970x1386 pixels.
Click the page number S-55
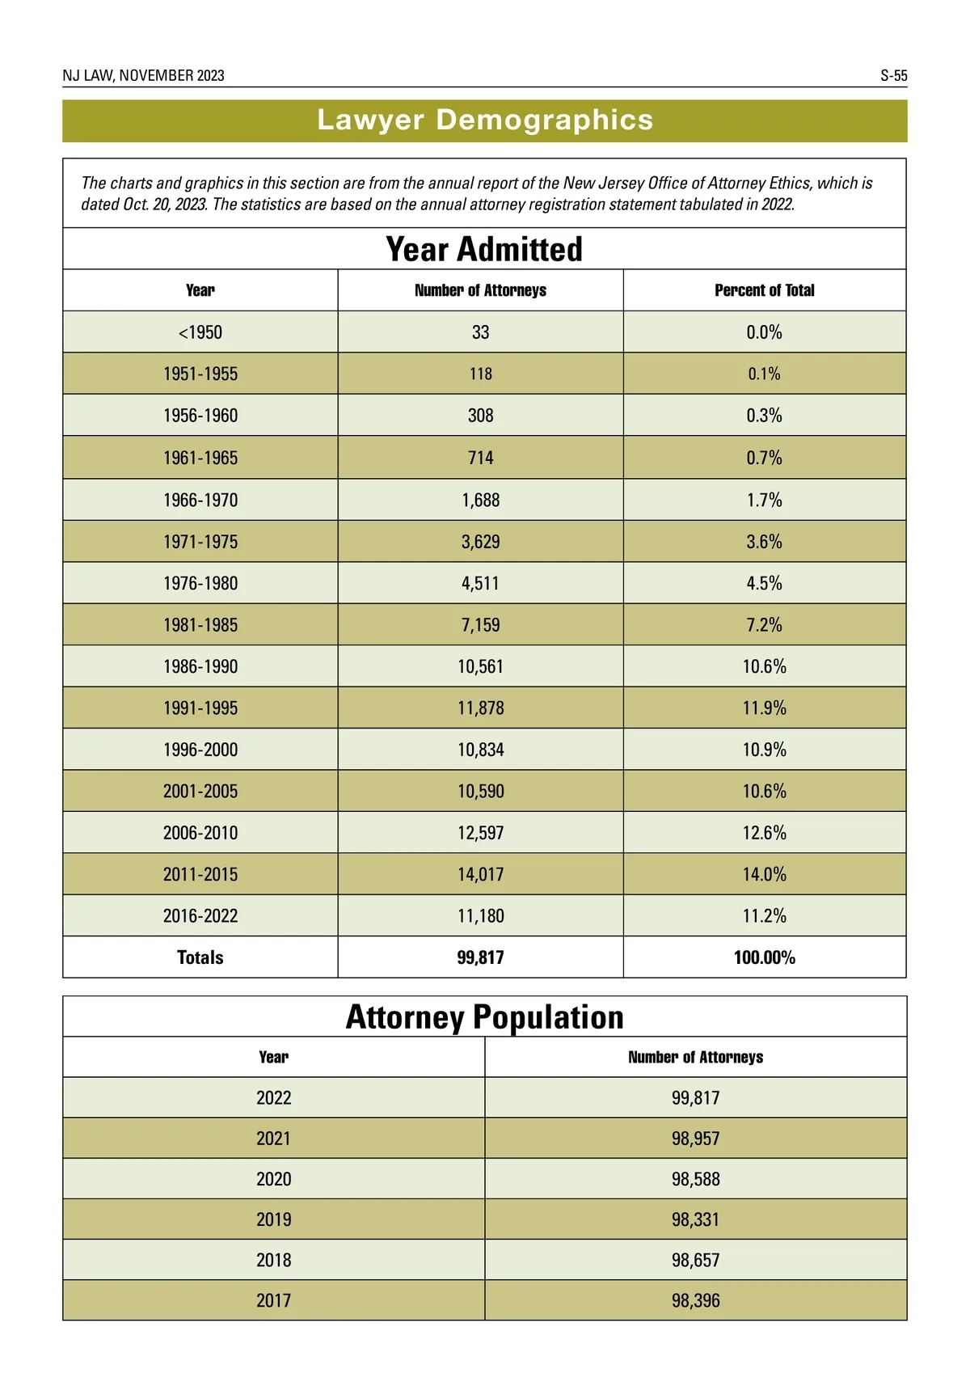tap(893, 76)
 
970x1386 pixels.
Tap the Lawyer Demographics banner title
tap(485, 120)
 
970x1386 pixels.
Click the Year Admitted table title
tap(484, 249)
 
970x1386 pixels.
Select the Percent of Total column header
tap(764, 290)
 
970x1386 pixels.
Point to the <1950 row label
tap(200, 332)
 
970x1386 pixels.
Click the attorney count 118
tap(480, 374)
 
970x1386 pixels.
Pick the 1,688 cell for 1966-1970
tap(480, 500)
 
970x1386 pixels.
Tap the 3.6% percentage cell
tap(764, 542)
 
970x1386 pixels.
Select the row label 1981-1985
tap(200, 625)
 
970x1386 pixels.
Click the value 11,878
tap(480, 708)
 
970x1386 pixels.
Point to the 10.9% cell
tap(764, 750)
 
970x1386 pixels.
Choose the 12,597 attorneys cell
tap(480, 833)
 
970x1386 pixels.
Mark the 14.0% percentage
tap(764, 874)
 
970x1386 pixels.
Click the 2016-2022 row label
tap(200, 916)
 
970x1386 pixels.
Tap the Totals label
tap(200, 957)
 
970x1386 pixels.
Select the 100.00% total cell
tap(764, 957)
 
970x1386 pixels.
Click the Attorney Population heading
tap(484, 1017)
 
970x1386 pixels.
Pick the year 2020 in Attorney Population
tap(273, 1179)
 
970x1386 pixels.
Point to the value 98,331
tap(695, 1219)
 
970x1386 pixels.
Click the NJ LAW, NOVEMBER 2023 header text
tap(144, 76)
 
